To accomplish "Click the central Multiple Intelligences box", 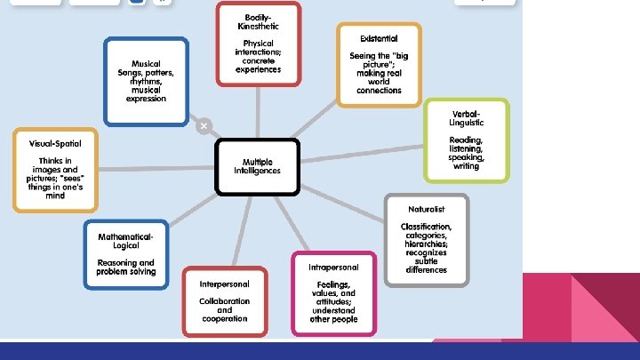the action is tap(258, 166).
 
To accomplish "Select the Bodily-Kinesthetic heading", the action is tap(258, 21).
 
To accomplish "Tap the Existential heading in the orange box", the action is tap(379, 39).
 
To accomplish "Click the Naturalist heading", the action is tap(426, 209).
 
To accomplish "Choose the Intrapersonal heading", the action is tap(333, 268).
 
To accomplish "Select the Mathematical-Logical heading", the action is tap(125, 241).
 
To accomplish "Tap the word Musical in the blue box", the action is tap(147, 64).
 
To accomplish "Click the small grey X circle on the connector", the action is tap(204, 126).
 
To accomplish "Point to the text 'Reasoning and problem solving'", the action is tap(125, 267).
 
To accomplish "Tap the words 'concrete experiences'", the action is tap(259, 65).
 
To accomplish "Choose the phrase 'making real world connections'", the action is tap(379, 82).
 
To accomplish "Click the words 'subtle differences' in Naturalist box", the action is tap(426, 265).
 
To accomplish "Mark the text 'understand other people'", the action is tap(333, 315).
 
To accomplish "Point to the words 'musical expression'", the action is tap(147, 94).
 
